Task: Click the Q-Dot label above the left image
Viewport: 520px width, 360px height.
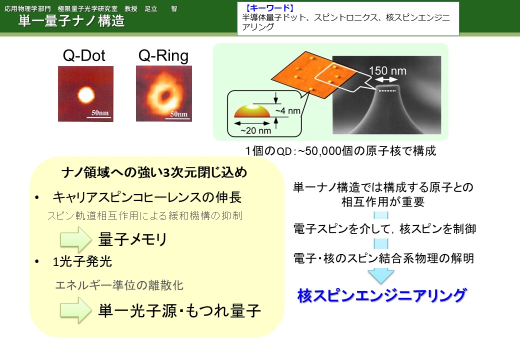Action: [84, 55]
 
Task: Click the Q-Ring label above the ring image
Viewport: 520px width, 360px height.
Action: [163, 56]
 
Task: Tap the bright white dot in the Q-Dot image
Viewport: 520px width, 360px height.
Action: [86, 95]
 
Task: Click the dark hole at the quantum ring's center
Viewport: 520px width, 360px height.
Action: [164, 96]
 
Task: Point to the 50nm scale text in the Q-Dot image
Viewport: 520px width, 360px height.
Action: [100, 112]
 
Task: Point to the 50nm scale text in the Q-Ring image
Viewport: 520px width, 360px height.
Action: [179, 113]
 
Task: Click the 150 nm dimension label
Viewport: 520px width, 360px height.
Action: [387, 70]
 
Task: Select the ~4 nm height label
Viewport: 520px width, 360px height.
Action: [288, 110]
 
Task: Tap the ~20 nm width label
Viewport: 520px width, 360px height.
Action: [255, 130]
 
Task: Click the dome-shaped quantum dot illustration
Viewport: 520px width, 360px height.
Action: [252, 111]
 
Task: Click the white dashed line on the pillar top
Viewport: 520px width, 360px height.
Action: [387, 90]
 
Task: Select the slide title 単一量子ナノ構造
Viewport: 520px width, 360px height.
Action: [71, 21]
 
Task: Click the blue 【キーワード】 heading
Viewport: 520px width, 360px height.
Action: [269, 8]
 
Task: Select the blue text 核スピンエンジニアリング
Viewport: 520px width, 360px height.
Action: [382, 295]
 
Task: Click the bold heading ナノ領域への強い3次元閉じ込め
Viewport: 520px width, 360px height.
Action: [154, 172]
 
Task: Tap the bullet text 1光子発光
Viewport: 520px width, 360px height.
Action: [82, 261]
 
